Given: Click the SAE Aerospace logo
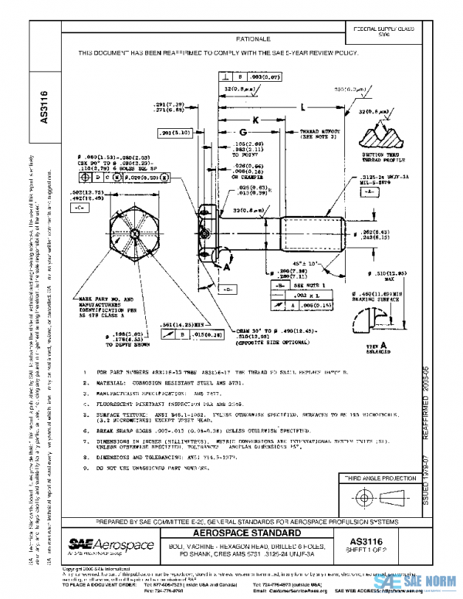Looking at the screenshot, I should coord(105,544).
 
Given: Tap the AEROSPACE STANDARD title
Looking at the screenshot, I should coord(245,533).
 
